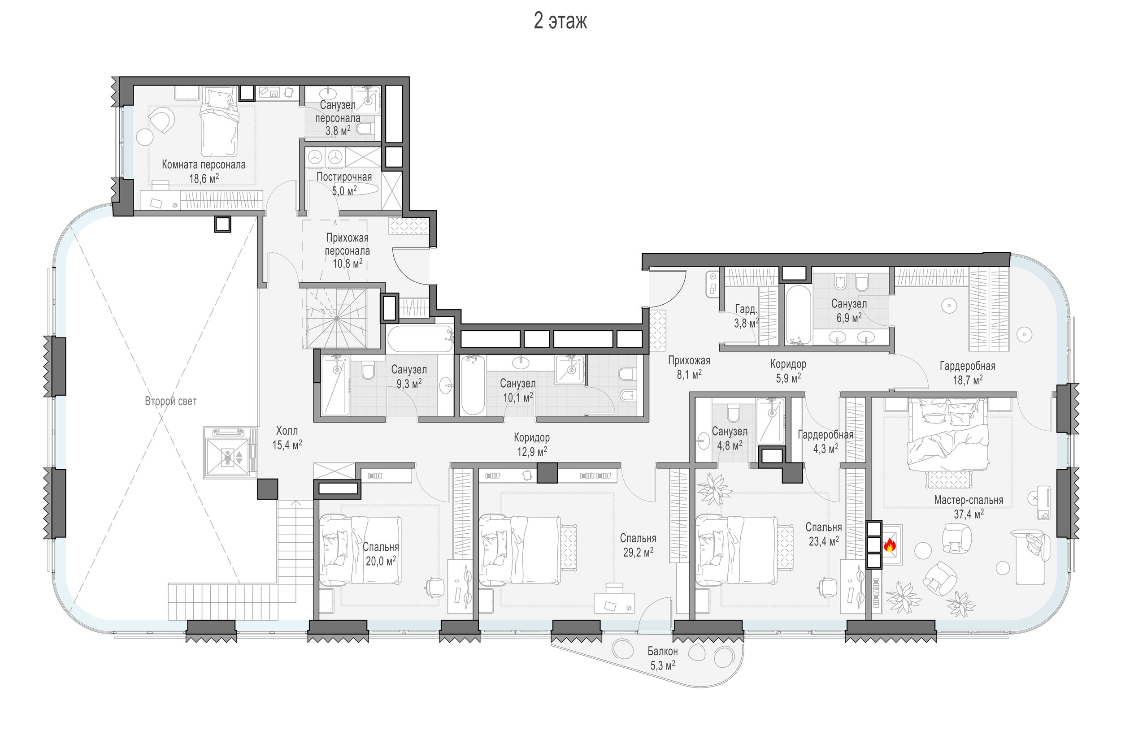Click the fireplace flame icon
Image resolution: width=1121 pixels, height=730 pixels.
coord(889,545)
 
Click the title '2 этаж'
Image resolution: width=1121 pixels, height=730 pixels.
coord(560,21)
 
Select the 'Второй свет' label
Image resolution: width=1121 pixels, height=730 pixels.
coord(170,401)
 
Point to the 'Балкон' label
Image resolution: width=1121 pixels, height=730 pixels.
coord(662,652)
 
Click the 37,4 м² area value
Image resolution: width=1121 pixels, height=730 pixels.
coord(969,514)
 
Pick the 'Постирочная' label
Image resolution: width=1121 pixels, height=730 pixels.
coord(344,177)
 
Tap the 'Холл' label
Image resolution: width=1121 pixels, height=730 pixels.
coord(287,430)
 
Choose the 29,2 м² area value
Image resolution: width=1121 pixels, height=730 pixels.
coord(638,552)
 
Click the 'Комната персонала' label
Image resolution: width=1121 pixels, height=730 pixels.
coord(204,164)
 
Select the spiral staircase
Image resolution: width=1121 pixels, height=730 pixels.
coord(336,318)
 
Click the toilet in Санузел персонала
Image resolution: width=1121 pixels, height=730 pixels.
coord(365,129)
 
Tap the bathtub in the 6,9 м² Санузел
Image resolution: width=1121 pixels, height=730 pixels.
coord(798,315)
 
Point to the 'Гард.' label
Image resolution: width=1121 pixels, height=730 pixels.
coord(747,309)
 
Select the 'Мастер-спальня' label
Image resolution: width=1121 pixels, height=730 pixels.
coord(969,500)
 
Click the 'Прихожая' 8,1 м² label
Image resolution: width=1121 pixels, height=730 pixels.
coord(689,367)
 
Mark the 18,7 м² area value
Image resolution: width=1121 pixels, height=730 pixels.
coord(968,380)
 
